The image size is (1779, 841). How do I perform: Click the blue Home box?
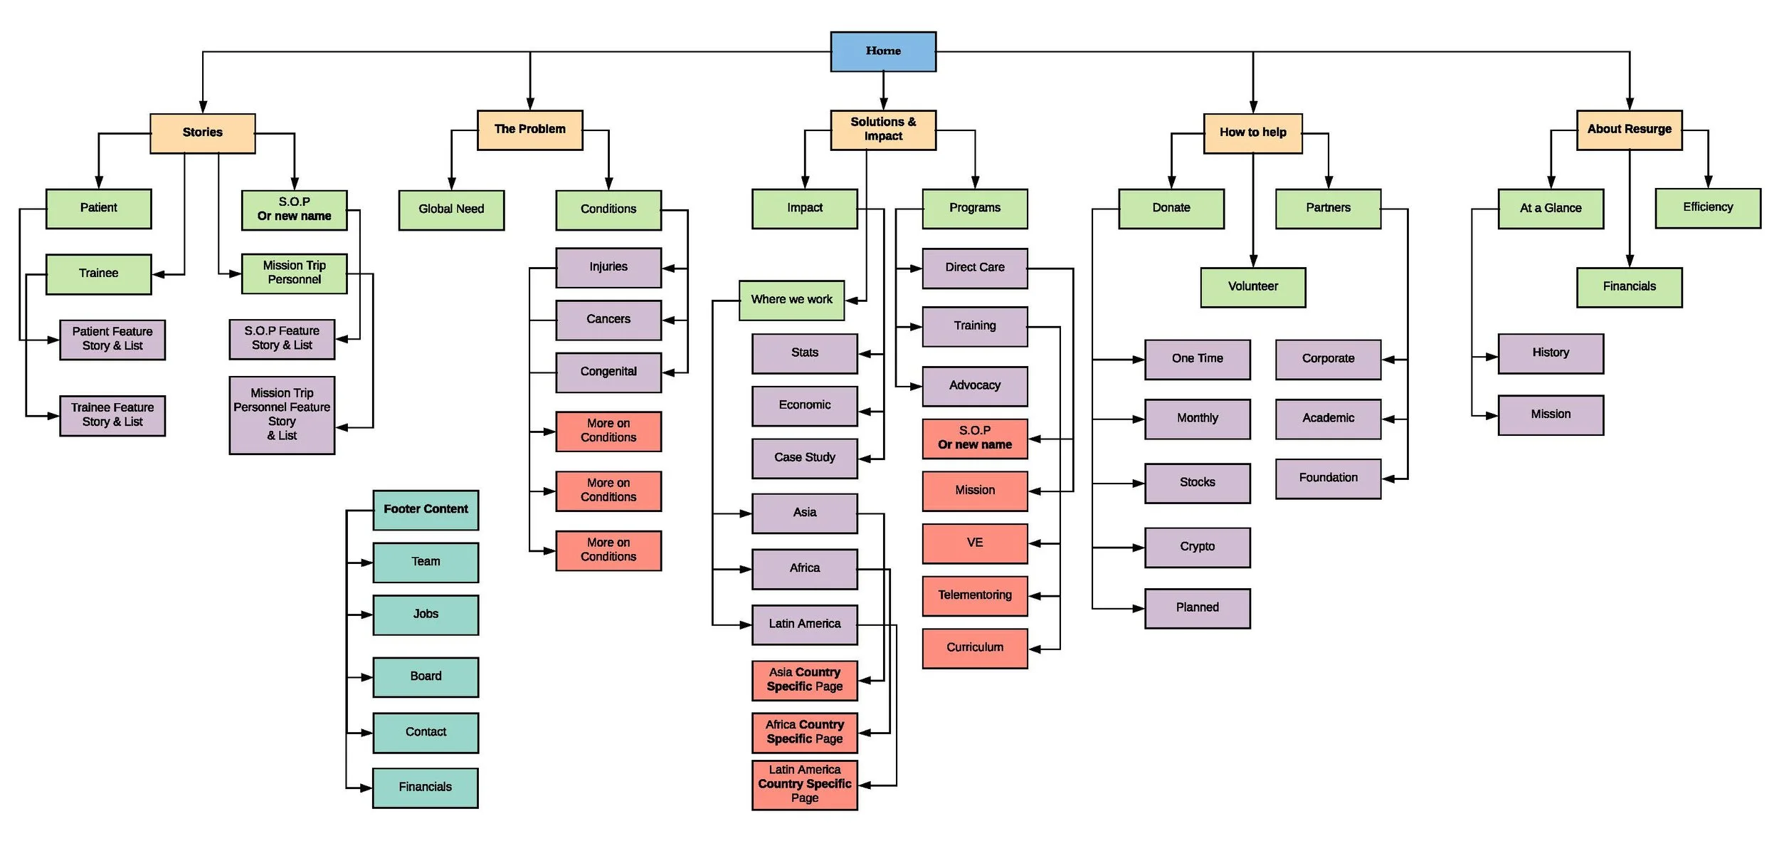click(x=882, y=51)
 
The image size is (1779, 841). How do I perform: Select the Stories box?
click(x=202, y=133)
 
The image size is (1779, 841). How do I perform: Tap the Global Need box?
click(x=451, y=209)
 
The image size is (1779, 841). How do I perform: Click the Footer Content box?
click(x=426, y=510)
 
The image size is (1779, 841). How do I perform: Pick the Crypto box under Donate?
click(x=1197, y=547)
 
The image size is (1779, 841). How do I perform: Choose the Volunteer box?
click(x=1252, y=287)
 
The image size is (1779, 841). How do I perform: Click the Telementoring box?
click(x=974, y=595)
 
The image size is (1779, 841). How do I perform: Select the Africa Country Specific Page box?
click(x=804, y=732)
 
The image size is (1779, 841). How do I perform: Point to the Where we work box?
click(x=791, y=300)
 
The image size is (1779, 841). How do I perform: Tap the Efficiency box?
click(x=1707, y=208)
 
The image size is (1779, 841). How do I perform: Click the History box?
click(x=1550, y=353)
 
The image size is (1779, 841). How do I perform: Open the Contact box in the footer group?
click(x=426, y=732)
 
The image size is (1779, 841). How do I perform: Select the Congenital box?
click(x=608, y=372)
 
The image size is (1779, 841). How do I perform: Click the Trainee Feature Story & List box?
click(x=112, y=415)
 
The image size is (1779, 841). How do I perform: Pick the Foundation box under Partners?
click(x=1328, y=478)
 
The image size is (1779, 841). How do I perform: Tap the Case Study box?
click(x=804, y=458)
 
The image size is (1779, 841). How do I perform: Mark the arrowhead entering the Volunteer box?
click(x=1252, y=261)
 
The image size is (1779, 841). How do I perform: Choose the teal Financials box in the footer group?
click(x=425, y=787)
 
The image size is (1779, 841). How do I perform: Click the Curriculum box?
click(x=974, y=648)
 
